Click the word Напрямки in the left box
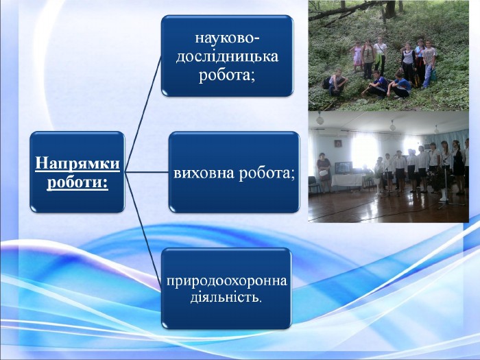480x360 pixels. [77, 163]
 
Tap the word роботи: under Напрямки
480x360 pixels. [77, 183]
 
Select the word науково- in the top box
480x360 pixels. [228, 39]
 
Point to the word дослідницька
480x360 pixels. [228, 57]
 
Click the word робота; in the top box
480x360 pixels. [228, 75]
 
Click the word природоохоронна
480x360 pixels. [227, 281]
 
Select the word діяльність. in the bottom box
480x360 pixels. [226, 297]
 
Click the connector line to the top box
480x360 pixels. [143, 115]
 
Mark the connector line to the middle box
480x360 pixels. [147, 172]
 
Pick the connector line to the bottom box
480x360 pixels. [143, 230]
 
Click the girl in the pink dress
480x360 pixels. [357, 57]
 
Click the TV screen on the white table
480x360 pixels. [344, 168]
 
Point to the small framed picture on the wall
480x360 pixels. [337, 143]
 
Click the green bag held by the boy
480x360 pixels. [433, 75]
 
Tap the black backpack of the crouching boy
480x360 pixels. [326, 83]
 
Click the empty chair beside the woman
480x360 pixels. [314, 184]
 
